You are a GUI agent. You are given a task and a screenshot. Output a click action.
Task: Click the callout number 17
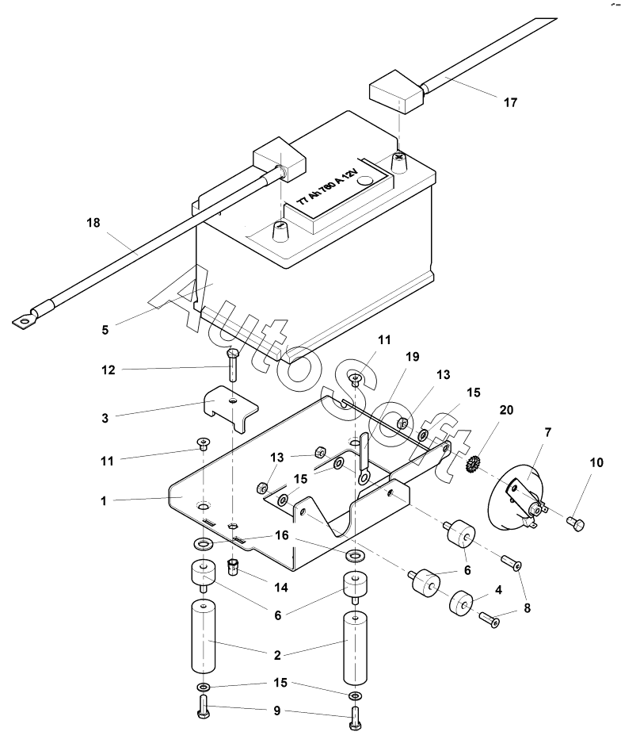[510, 102]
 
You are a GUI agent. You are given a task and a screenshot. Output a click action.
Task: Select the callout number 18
[93, 223]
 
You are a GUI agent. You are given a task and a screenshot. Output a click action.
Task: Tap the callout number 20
[506, 410]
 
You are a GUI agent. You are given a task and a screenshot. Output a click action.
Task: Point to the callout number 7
[547, 432]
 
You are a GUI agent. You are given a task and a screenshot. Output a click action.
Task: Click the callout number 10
[596, 462]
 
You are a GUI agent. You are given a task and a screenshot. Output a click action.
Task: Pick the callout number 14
[281, 588]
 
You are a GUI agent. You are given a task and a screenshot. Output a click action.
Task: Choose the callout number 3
[105, 418]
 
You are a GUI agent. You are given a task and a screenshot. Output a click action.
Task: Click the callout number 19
[412, 356]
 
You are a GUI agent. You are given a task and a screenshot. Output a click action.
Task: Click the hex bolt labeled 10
[575, 524]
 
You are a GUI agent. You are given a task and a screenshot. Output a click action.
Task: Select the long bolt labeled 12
[233, 365]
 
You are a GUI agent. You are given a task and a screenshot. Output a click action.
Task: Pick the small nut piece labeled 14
[232, 567]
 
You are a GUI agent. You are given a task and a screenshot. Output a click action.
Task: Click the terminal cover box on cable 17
[396, 92]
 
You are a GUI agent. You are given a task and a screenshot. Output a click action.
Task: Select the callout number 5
[105, 330]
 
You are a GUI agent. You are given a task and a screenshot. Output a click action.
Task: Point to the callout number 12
[109, 370]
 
